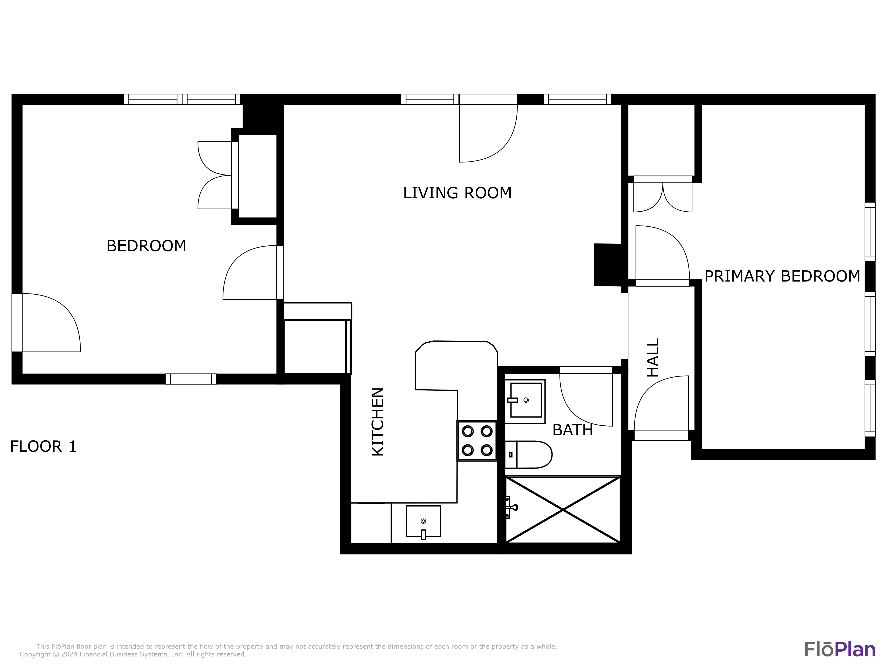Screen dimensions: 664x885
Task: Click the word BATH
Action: coord(572,430)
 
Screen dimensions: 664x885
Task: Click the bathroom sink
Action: coord(525,400)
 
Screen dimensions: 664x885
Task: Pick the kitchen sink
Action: coord(423,521)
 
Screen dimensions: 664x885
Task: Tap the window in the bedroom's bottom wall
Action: coord(191,379)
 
